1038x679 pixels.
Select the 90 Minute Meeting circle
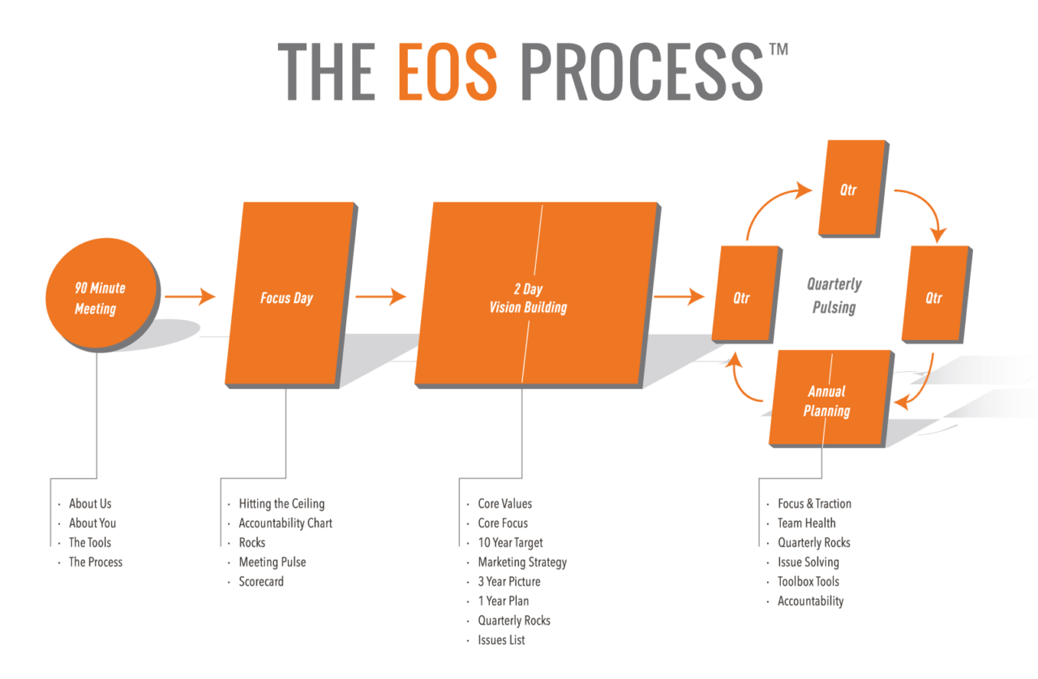click(x=101, y=293)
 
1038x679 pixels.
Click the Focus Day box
click(x=288, y=297)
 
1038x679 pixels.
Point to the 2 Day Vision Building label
click(x=528, y=298)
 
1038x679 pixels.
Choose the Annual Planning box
click(x=827, y=401)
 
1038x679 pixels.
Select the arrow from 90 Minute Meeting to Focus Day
click(x=191, y=297)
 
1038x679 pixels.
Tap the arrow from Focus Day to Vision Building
click(x=381, y=297)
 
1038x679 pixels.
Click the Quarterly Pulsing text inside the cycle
click(x=834, y=296)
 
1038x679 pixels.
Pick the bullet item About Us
click(x=90, y=504)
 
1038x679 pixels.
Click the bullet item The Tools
click(x=90, y=543)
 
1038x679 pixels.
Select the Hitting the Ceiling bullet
click(x=281, y=504)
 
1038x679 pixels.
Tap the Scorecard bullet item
click(x=261, y=582)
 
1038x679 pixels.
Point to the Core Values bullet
click(x=504, y=504)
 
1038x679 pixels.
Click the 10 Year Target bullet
click(x=510, y=543)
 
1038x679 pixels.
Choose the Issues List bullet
click(x=501, y=640)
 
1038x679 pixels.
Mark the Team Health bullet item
click(x=806, y=523)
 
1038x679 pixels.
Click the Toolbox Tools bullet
click(x=809, y=582)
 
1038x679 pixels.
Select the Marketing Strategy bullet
click(x=522, y=562)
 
